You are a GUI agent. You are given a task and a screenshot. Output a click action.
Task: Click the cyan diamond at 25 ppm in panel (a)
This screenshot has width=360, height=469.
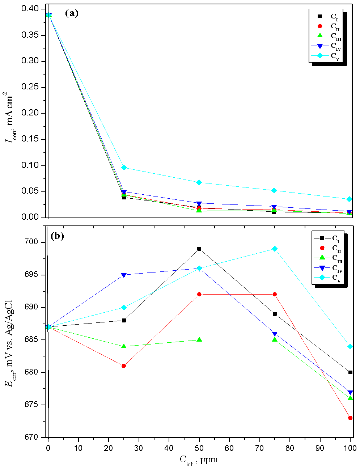tap(124, 168)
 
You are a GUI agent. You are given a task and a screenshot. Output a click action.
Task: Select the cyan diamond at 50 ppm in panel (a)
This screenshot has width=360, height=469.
tap(199, 182)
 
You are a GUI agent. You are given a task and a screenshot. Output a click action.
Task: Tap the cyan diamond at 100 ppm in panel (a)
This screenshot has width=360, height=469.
tap(350, 199)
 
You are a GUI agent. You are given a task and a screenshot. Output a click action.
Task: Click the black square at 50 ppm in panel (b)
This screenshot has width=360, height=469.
tap(199, 249)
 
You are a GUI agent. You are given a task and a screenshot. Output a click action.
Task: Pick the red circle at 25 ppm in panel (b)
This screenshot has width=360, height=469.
tap(124, 366)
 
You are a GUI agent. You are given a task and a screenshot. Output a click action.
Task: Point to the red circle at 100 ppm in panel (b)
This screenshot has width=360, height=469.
tap(350, 418)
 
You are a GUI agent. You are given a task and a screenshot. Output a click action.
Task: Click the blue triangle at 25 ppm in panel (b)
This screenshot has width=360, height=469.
tap(124, 275)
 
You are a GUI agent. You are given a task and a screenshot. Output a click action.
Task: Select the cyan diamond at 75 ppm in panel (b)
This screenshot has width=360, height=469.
tap(275, 249)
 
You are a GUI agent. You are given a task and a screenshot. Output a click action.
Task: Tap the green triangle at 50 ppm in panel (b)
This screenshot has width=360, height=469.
tap(199, 340)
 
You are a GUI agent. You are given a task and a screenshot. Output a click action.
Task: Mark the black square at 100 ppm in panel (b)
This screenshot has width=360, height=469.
tap(350, 372)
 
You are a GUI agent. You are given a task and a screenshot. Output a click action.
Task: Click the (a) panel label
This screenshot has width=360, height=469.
tap(71, 13)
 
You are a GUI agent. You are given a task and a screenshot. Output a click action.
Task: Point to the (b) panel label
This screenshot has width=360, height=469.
tap(57, 236)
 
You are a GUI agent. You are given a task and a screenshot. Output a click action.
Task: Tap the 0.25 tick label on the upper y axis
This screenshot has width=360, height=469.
tap(30, 87)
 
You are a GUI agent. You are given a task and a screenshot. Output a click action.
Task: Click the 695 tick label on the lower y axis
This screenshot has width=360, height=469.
tap(34, 275)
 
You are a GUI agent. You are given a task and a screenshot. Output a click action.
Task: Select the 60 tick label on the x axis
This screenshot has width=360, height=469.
tap(229, 448)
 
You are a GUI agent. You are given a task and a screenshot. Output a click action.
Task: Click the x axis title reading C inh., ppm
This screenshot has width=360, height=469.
tap(199, 460)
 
